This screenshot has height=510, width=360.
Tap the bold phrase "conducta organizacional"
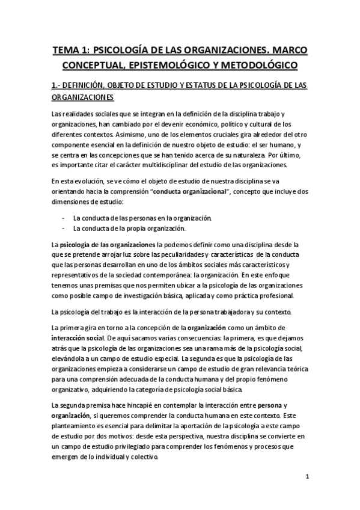(189, 192)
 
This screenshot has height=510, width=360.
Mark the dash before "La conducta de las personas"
(64, 218)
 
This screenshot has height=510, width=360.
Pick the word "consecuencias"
(156, 339)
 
